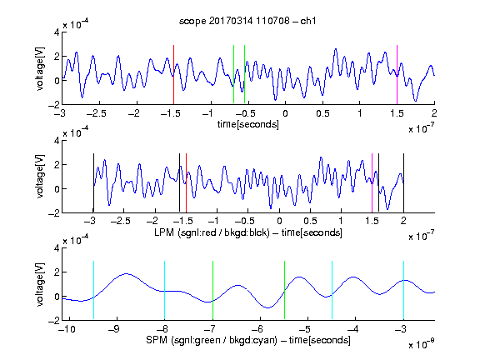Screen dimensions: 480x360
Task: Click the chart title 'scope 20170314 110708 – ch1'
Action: point(247,21)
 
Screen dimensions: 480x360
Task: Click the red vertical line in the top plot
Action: point(173,75)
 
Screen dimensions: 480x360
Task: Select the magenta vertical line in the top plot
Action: point(397,75)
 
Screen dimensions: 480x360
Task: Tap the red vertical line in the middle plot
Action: point(186,182)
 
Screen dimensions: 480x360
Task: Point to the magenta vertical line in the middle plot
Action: point(372,182)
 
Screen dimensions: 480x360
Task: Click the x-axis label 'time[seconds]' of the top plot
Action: point(248,124)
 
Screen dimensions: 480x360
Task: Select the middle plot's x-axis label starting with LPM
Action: point(248,232)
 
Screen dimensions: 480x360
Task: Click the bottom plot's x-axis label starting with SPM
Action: point(248,340)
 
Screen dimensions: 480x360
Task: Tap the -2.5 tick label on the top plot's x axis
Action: point(96,114)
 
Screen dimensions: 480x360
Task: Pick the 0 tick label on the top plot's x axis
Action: point(285,114)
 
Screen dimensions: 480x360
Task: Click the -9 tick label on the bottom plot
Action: point(114,329)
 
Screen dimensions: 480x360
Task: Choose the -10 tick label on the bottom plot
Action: point(67,329)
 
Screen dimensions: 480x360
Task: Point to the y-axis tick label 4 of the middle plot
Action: point(57,141)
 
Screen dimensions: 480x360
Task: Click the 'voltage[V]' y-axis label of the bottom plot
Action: point(40,284)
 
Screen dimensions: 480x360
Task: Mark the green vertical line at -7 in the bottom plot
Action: point(212,291)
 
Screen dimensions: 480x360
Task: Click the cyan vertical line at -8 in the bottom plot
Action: point(164,291)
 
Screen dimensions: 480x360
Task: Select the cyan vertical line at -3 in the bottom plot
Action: point(404,291)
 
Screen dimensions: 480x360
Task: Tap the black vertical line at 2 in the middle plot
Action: point(404,182)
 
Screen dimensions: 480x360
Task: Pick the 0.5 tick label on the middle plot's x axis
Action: point(310,222)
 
